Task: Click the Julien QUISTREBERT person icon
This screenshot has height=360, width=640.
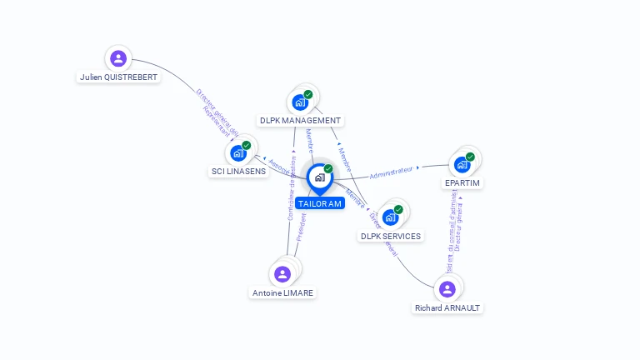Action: [x=118, y=58]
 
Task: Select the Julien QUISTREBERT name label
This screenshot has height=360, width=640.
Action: [x=118, y=77]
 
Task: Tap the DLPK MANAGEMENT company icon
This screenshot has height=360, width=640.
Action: [x=299, y=102]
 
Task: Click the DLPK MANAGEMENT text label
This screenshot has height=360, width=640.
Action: [x=301, y=120]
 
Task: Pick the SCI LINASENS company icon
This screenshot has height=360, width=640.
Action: [x=237, y=153]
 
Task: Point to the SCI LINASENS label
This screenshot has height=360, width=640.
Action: [x=238, y=171]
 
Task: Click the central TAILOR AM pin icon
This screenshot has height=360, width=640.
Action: [x=319, y=177]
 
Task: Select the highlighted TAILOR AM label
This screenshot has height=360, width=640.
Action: [x=319, y=203]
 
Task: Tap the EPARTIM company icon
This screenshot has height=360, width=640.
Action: [x=462, y=164]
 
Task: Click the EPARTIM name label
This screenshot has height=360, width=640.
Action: [x=462, y=182]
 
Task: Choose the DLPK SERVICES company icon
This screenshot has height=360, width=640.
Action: [x=390, y=217]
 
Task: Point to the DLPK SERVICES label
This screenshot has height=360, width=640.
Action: [x=391, y=236]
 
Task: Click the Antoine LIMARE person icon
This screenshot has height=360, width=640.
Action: [x=282, y=274]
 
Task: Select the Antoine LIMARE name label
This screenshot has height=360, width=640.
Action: [x=283, y=292]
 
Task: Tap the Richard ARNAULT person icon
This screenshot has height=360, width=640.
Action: [x=447, y=289]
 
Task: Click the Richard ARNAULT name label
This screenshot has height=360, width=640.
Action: [x=447, y=307]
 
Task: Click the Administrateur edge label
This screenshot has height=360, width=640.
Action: [x=391, y=172]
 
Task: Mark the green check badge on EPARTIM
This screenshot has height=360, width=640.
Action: [x=470, y=157]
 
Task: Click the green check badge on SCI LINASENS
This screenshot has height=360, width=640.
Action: [x=246, y=146]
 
